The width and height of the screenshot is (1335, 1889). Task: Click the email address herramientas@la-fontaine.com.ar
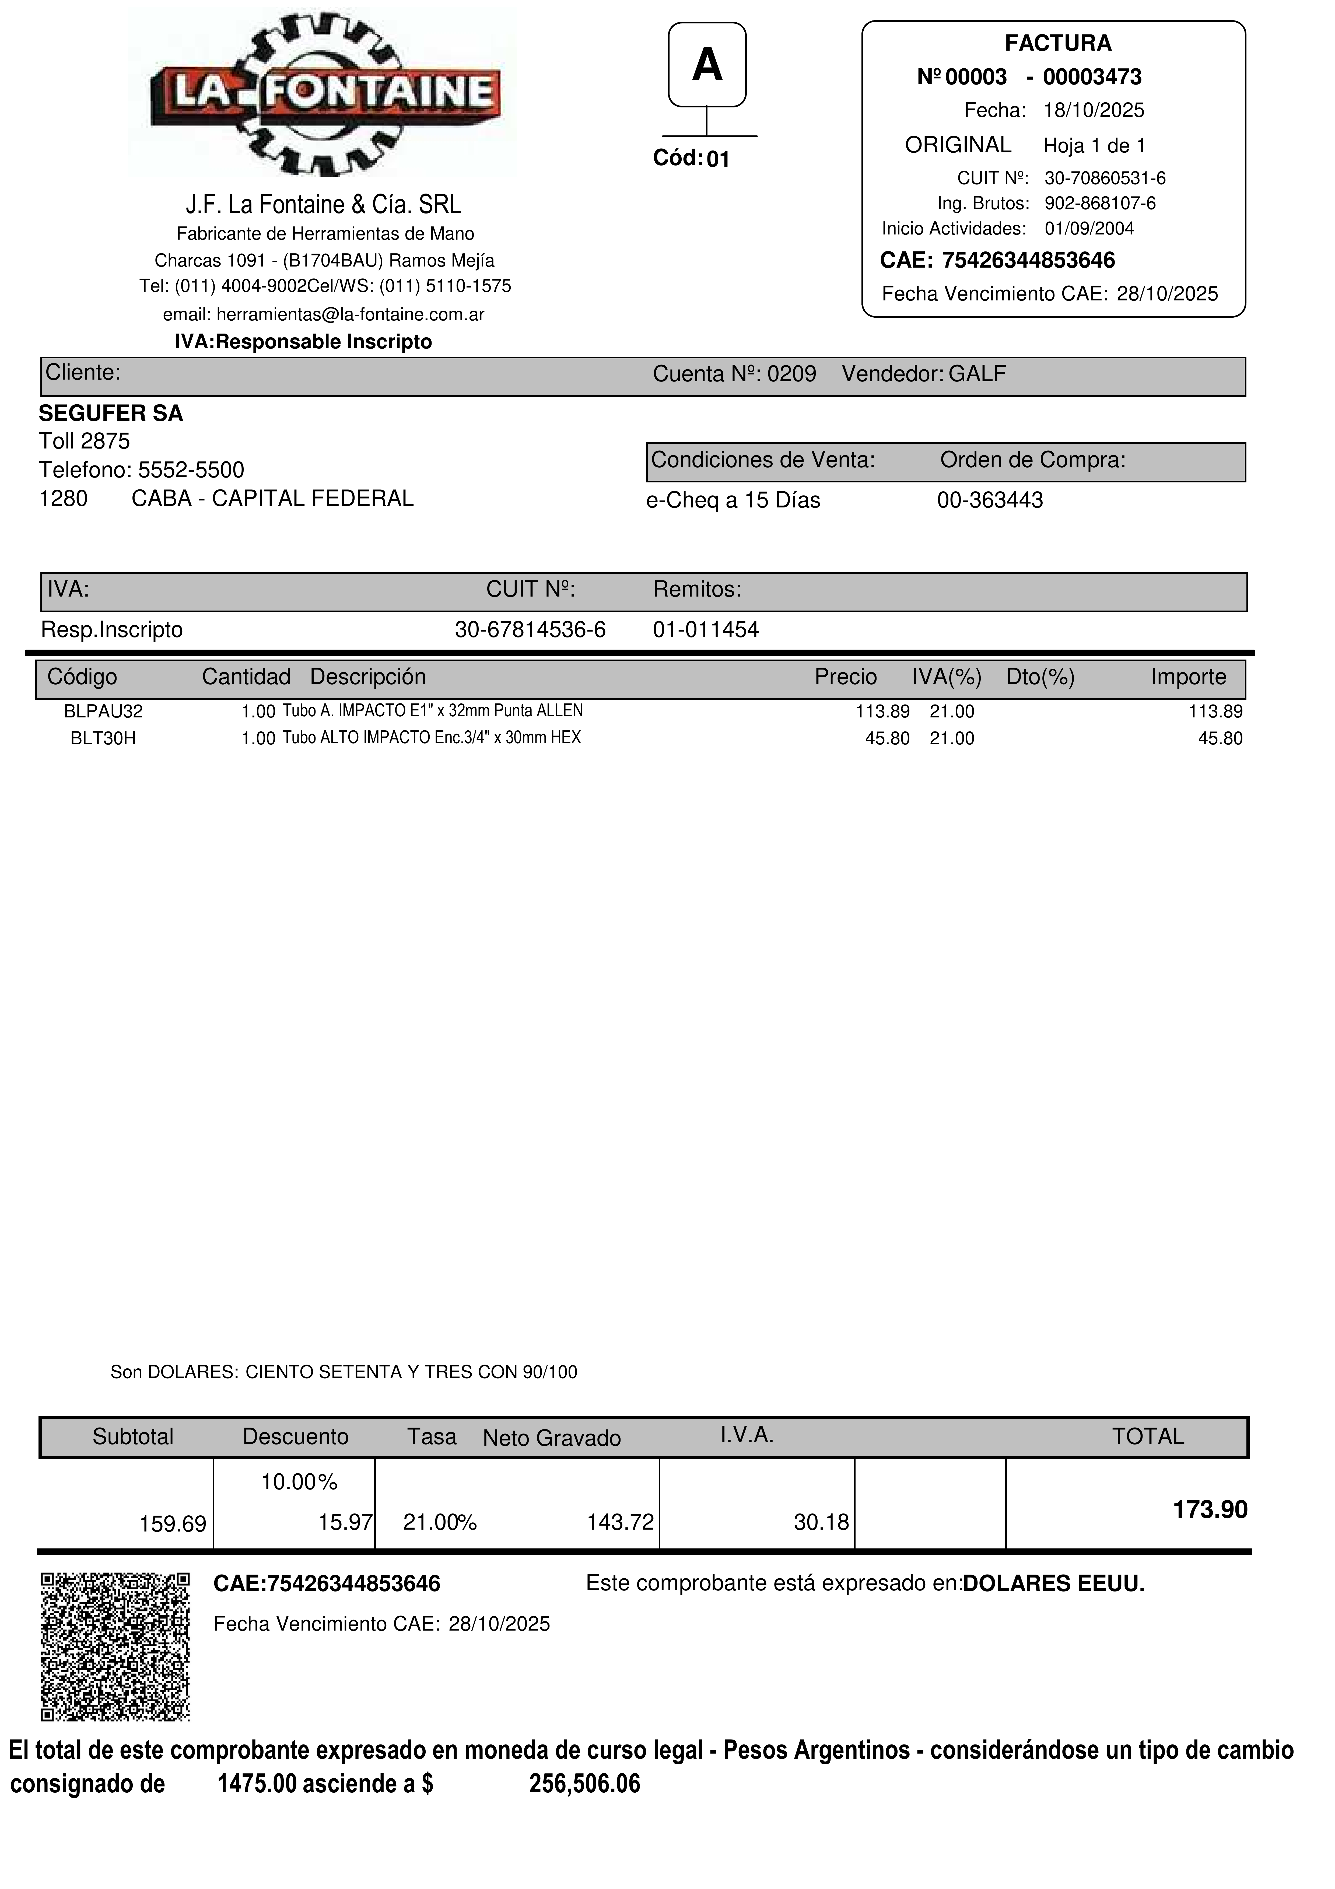pyautogui.click(x=350, y=314)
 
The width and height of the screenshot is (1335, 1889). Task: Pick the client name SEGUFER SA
pyautogui.click(x=111, y=413)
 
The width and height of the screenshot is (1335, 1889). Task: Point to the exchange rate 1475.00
pyautogui.click(x=256, y=1784)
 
